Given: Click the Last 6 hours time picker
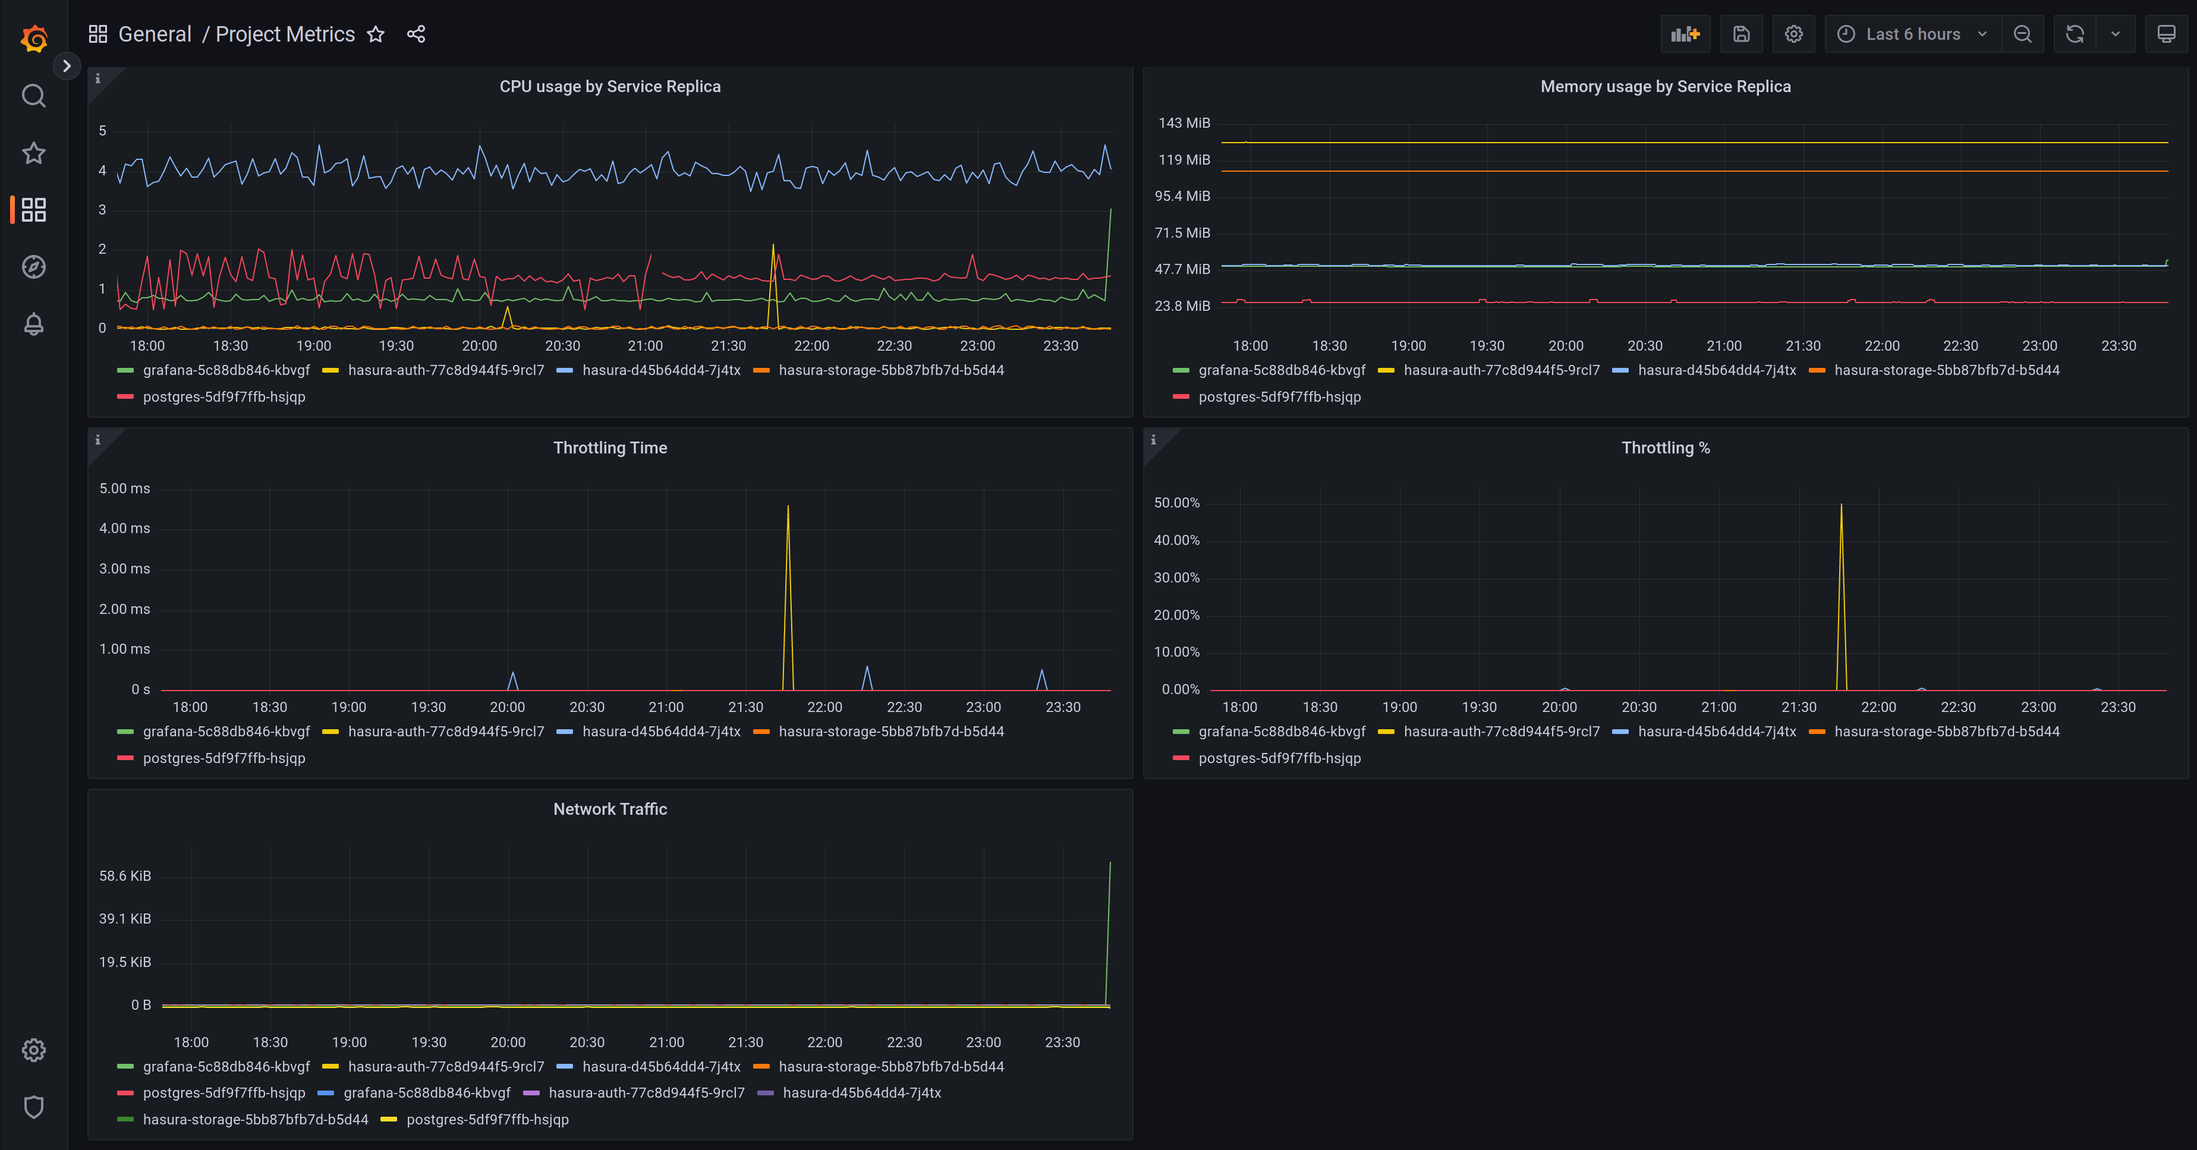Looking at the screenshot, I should [1911, 34].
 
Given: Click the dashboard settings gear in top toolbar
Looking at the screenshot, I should [1793, 34].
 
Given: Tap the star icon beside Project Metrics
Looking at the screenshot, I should [375, 34].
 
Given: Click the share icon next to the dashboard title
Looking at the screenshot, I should [416, 34].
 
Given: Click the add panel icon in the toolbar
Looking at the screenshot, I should [1685, 34].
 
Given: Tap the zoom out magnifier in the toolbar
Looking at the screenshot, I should [2022, 34].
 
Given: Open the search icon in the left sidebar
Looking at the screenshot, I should [33, 96].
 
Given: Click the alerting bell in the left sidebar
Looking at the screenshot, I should [33, 324].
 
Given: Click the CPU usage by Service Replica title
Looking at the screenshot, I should [610, 86].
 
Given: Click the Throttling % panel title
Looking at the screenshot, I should [1665, 448].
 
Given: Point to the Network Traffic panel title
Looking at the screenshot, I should [610, 809].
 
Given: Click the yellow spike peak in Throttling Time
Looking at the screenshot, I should [788, 507].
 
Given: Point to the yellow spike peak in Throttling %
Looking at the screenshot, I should [1842, 506].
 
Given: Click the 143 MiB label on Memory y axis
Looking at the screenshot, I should [1184, 123].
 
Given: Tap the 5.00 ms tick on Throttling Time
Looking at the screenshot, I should [124, 489].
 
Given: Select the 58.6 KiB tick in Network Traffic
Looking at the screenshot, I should [124, 875].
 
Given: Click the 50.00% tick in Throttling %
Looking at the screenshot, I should [1176, 503].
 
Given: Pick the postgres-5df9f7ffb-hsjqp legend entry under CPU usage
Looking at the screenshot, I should [224, 396].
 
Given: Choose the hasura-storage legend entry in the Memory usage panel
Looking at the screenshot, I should [1946, 370].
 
